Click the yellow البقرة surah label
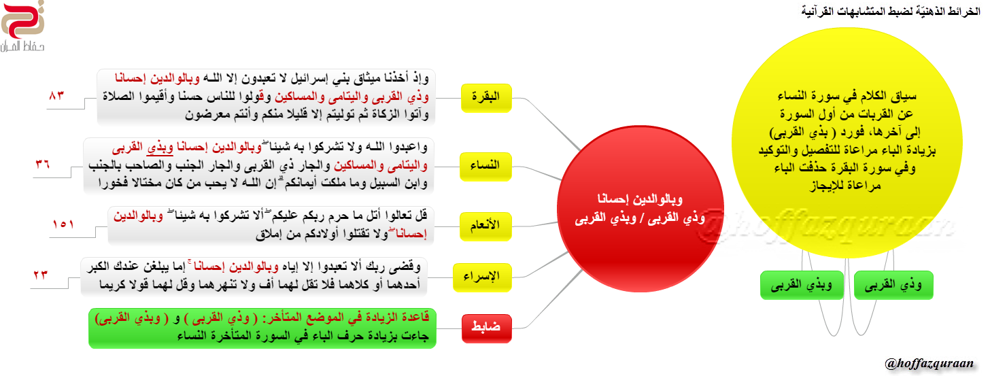485,98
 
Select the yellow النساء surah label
485,166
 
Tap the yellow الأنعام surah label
485,226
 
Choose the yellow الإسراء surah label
481,277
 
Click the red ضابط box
486,328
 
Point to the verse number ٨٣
56,95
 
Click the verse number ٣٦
43,165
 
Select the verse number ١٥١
63,224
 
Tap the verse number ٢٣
40,275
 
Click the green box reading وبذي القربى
802,285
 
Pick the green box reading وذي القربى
893,285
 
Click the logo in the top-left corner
22,26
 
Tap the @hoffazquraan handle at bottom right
929,363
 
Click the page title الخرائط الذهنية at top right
891,11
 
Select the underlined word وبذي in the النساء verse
160,147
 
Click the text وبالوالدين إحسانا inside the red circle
640,199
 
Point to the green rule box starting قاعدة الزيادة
262,328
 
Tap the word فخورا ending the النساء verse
114,182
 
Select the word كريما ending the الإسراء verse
113,284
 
